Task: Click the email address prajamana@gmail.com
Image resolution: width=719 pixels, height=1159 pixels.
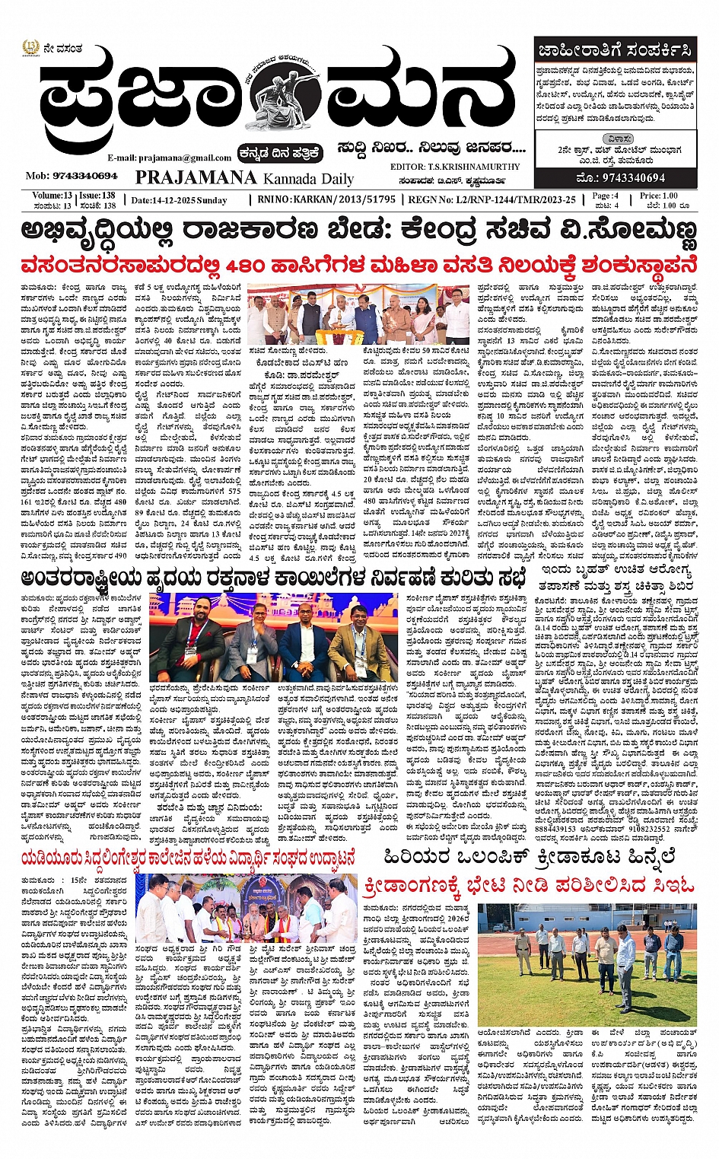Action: (x=169, y=158)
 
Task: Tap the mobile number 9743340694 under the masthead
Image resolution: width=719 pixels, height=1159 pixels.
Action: (x=72, y=176)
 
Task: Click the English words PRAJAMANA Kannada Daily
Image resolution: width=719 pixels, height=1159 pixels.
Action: (x=244, y=178)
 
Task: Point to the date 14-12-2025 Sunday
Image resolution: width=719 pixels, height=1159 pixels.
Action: (x=179, y=200)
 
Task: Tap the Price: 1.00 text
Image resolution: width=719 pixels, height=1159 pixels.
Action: (x=658, y=196)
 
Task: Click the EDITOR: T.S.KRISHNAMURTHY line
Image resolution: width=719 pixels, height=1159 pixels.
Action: (x=455, y=167)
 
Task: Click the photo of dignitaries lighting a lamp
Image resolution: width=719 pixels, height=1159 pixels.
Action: (x=358, y=313)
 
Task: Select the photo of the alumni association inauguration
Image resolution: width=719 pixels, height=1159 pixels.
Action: (x=246, y=909)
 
